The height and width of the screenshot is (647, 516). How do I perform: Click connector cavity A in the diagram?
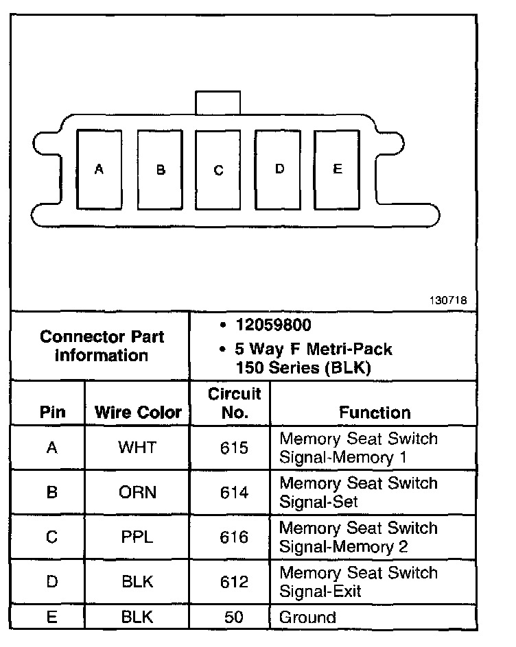point(99,169)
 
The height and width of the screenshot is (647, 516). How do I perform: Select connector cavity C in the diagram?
point(218,170)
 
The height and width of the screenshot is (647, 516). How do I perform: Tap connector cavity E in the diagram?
point(337,169)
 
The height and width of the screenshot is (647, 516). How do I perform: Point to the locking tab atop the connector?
point(218,103)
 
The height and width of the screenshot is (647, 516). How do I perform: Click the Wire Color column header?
point(138,413)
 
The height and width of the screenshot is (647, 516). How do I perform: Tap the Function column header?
point(375,413)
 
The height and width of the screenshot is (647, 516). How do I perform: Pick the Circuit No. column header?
point(234,403)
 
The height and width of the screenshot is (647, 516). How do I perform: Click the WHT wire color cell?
point(137,448)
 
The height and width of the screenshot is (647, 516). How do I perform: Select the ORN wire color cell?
point(137,492)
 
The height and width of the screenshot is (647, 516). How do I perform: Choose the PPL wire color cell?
point(137,537)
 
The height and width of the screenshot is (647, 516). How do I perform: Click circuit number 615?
point(234,448)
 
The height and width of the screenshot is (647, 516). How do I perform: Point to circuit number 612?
point(234,582)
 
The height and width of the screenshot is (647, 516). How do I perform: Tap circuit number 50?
point(234,617)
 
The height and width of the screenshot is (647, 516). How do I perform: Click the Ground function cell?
point(307,617)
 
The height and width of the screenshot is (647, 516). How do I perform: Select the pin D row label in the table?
point(51,582)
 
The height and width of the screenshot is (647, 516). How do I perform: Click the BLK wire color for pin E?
point(137,617)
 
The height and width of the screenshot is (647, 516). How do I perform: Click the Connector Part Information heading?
point(102,346)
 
